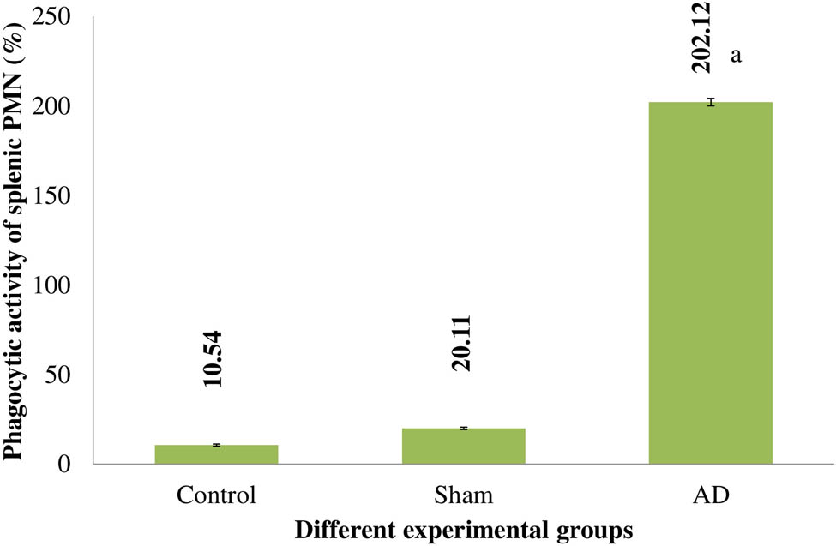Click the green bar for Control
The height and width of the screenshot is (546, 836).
[x=216, y=454]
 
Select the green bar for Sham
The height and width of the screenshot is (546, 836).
[x=463, y=446]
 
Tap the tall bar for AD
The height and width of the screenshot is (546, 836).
[x=710, y=283]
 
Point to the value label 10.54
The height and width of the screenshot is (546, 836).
[x=214, y=359]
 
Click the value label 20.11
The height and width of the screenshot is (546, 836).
[x=460, y=342]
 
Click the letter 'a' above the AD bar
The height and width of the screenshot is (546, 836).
[x=735, y=57]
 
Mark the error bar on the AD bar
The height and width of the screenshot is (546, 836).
[x=710, y=102]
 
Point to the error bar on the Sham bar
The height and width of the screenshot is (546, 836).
[x=463, y=428]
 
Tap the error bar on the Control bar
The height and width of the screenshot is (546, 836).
[x=216, y=445]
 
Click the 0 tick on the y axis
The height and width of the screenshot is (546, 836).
[x=75, y=465]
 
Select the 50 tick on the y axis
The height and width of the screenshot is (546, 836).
[x=69, y=375]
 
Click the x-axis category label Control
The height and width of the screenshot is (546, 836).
[x=216, y=495]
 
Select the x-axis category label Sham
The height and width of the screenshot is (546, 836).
[x=463, y=495]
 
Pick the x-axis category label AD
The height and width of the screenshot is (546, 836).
[x=710, y=495]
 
